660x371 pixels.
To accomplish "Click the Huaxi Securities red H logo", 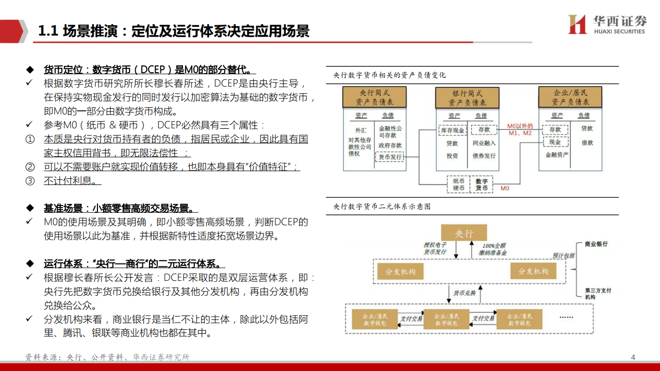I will [577, 24].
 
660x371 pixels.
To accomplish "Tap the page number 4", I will [633, 357].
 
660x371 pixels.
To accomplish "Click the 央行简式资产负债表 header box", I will [374, 97].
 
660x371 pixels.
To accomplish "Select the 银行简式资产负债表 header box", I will [468, 97].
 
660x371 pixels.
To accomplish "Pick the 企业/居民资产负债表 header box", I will [570, 97].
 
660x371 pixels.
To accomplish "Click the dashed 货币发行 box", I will [390, 157].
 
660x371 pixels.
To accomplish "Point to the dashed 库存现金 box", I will [452, 130].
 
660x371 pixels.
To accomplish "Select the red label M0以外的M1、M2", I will [519, 129].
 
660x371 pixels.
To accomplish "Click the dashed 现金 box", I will [555, 142].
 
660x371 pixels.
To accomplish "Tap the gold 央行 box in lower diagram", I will [464, 233].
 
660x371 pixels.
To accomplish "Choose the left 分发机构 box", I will [400, 271].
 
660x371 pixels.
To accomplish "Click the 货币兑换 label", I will [464, 293].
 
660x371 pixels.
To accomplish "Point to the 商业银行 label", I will [597, 244].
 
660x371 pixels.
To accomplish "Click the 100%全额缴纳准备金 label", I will [494, 249].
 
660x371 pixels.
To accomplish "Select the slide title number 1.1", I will [47, 31].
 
